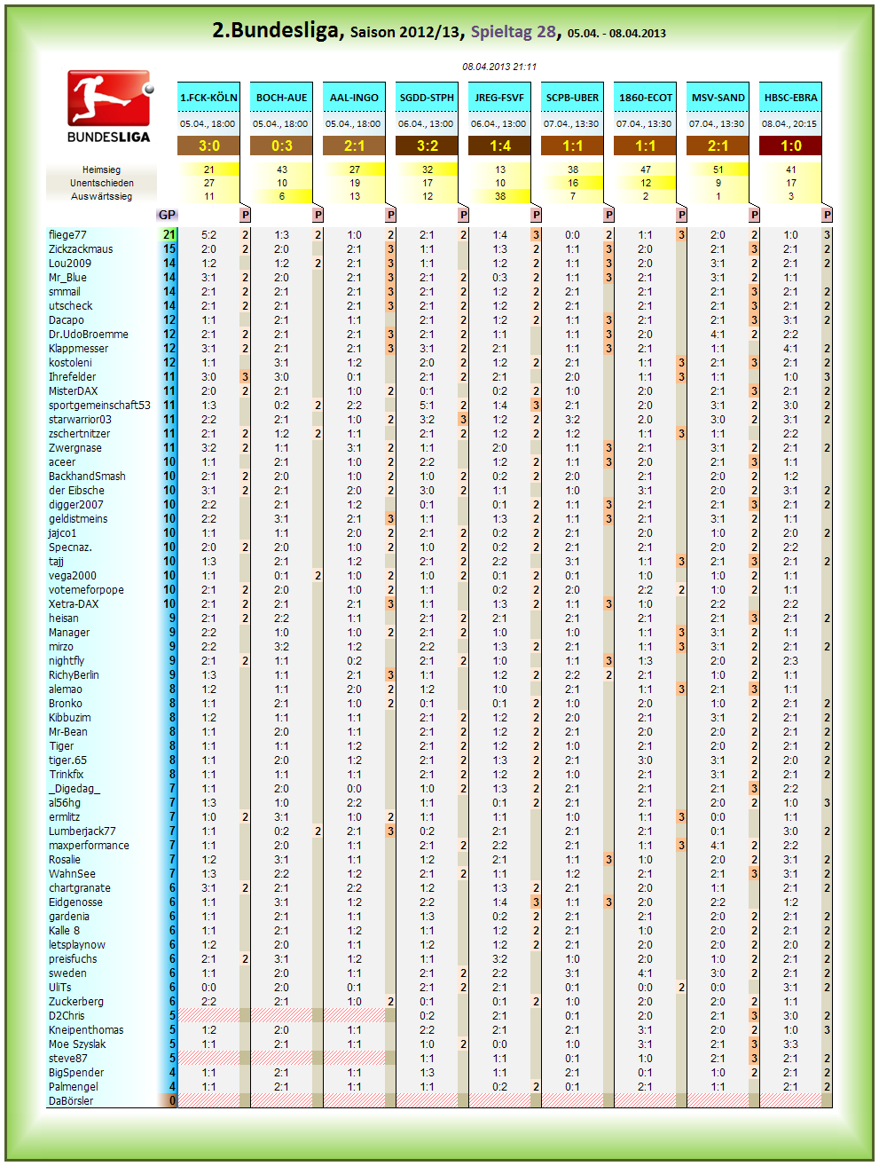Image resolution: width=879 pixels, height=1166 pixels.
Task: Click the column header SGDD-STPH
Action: [x=427, y=98]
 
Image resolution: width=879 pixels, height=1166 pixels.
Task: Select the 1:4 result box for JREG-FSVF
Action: [x=499, y=146]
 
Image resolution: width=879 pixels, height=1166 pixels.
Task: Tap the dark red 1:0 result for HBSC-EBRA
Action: [x=790, y=146]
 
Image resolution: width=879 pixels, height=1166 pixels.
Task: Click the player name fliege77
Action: [x=67, y=235]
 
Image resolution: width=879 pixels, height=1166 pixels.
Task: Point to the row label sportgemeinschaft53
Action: [x=99, y=406]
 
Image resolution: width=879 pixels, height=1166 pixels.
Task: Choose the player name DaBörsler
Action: [x=71, y=1100]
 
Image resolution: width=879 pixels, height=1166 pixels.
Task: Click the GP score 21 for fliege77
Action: [x=169, y=235]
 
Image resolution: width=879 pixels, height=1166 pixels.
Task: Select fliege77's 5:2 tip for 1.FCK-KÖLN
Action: [x=208, y=235]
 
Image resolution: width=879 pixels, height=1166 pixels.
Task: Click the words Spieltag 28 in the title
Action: [x=514, y=32]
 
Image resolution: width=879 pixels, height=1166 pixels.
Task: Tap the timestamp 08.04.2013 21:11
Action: [x=499, y=67]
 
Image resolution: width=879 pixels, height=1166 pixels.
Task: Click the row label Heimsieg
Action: [x=101, y=169]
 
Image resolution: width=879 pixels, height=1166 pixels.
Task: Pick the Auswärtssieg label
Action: [x=101, y=196]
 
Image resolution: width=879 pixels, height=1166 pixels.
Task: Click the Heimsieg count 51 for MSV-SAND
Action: [x=718, y=169]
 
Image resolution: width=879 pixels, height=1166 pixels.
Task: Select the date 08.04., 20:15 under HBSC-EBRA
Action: [x=789, y=123]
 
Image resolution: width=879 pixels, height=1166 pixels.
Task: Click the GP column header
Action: [x=167, y=215]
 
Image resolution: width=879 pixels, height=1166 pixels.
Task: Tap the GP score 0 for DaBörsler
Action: [x=172, y=1100]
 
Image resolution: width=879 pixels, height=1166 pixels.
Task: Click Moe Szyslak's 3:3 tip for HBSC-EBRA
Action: [x=790, y=1044]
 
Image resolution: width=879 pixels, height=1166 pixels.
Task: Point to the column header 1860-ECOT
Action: [x=645, y=98]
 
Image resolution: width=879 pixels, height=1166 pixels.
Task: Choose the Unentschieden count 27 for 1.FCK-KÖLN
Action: [x=208, y=183]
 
